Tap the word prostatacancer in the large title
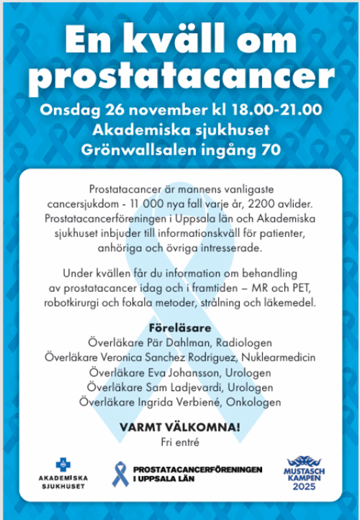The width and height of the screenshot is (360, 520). coord(180,77)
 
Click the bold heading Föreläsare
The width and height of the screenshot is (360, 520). coord(180,328)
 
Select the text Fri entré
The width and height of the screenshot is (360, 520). coord(180,443)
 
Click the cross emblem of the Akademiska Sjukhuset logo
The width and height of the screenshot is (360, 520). coord(62,464)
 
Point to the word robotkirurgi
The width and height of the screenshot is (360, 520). coord(71,303)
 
